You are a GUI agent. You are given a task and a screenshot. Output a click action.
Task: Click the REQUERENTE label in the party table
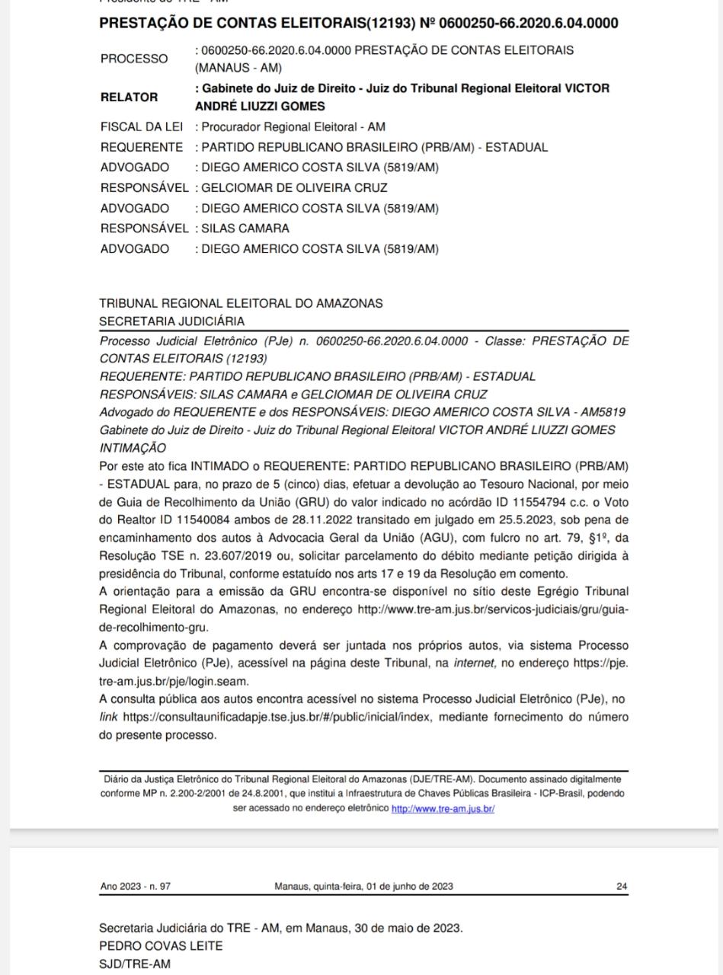[x=142, y=147]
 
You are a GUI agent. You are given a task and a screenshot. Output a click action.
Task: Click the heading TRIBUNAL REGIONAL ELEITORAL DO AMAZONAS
[x=241, y=303]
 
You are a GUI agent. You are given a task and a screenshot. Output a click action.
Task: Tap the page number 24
[x=622, y=886]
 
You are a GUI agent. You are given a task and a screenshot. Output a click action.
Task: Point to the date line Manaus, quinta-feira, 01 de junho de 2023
[x=363, y=886]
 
